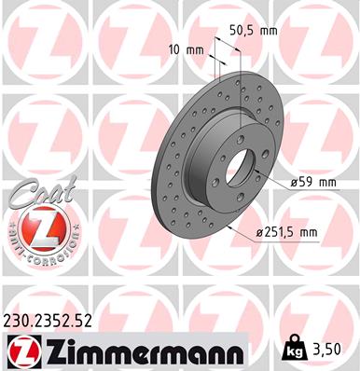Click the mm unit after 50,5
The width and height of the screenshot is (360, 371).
269,31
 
